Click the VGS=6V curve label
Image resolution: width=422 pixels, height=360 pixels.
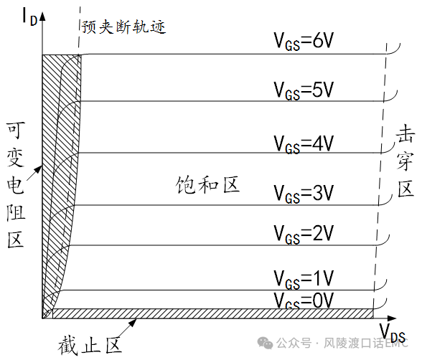pyautogui.click(x=304, y=41)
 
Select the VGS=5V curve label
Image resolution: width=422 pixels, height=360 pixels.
pyautogui.click(x=304, y=90)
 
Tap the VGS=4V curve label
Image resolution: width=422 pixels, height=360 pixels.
pyautogui.click(x=304, y=144)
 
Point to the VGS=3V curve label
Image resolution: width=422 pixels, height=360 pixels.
pyautogui.click(x=304, y=194)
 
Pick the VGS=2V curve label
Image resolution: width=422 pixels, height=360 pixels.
pyautogui.click(x=304, y=234)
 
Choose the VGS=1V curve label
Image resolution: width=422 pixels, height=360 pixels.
pyautogui.click(x=304, y=279)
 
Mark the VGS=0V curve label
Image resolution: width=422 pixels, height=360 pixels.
pyautogui.click(x=304, y=300)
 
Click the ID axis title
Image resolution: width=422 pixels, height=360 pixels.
pyautogui.click(x=29, y=16)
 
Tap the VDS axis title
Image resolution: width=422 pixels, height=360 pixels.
pyautogui.click(x=392, y=332)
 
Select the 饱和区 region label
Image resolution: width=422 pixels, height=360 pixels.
pyautogui.click(x=207, y=185)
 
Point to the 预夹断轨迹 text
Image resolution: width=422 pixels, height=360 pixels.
pyautogui.click(x=123, y=27)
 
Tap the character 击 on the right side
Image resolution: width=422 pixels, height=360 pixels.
pyautogui.click(x=405, y=133)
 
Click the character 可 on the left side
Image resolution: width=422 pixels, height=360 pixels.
pyautogui.click(x=16, y=131)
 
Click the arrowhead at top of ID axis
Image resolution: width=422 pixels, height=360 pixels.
pyautogui.click(x=42, y=16)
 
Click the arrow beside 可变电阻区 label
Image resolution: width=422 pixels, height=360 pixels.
pyautogui.click(x=34, y=174)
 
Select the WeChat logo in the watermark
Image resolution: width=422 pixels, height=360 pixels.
pyautogui.click(x=265, y=343)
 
